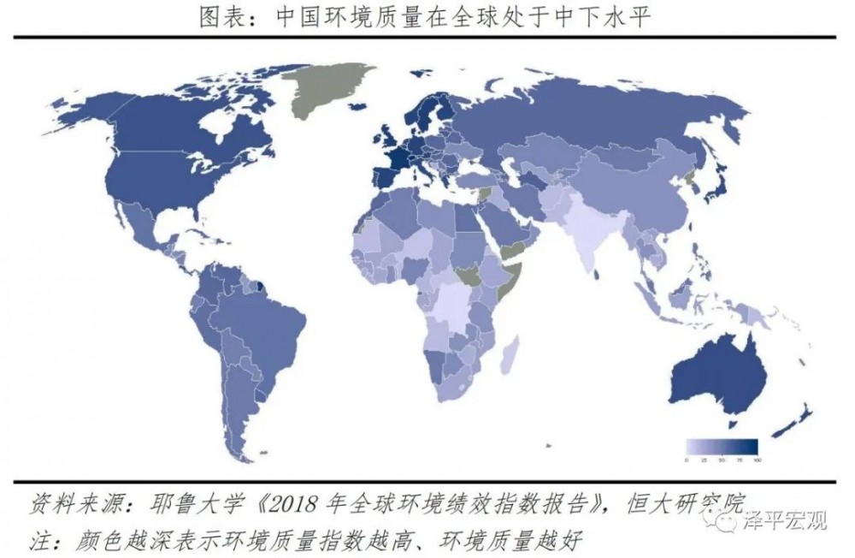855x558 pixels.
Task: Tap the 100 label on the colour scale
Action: pos(757,461)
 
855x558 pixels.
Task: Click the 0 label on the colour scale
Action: pos(687,461)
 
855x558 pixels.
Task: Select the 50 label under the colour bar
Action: pos(723,461)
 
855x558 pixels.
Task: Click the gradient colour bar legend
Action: pos(722,448)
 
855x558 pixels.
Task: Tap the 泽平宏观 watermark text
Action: pos(783,521)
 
